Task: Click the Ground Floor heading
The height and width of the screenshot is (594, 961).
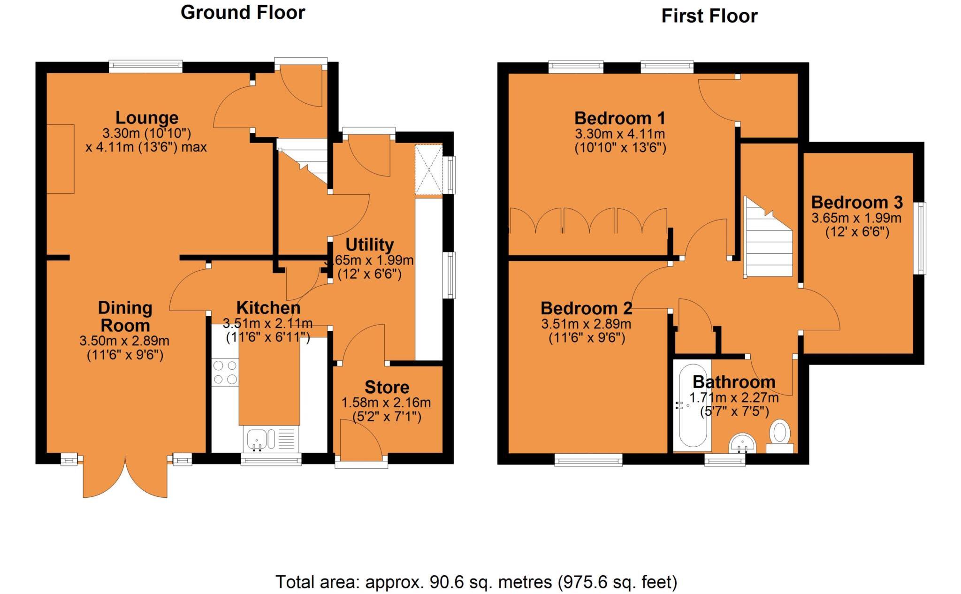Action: pyautogui.click(x=243, y=13)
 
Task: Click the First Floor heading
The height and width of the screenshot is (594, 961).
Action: pyautogui.click(x=709, y=16)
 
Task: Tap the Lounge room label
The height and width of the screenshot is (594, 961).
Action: pyautogui.click(x=147, y=117)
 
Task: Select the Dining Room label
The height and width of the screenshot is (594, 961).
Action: pyautogui.click(x=125, y=316)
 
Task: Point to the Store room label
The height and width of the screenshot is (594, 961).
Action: pyautogui.click(x=387, y=387)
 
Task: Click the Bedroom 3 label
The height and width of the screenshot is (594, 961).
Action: pyautogui.click(x=857, y=202)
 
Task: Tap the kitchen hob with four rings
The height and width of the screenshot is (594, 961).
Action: pyautogui.click(x=225, y=372)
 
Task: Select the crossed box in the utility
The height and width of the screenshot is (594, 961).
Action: pyautogui.click(x=428, y=170)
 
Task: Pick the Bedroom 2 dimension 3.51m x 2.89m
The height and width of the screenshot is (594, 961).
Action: pyautogui.click(x=586, y=324)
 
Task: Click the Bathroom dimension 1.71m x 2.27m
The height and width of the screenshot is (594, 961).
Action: pyautogui.click(x=734, y=398)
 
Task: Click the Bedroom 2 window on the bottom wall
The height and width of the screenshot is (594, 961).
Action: pyautogui.click(x=588, y=459)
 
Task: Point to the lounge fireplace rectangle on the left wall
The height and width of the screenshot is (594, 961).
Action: pyautogui.click(x=61, y=159)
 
